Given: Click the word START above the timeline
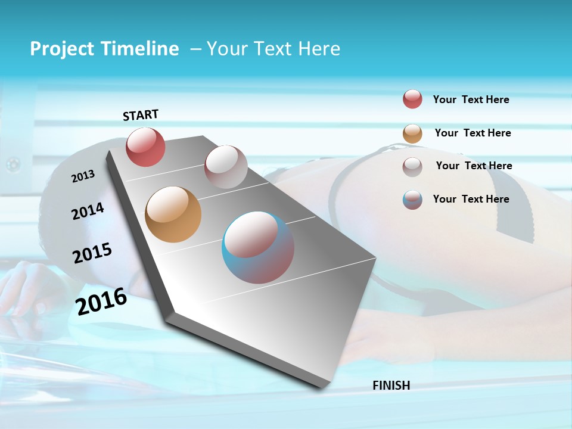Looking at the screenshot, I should pyautogui.click(x=141, y=114).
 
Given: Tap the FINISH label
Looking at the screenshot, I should pyautogui.click(x=391, y=386).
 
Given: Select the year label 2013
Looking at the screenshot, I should pyautogui.click(x=83, y=176).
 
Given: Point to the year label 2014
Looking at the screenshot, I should pyautogui.click(x=88, y=211).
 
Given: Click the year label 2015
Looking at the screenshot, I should pyautogui.click(x=92, y=253).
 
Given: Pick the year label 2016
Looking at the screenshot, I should pyautogui.click(x=101, y=301).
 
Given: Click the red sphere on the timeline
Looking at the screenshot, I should pyautogui.click(x=145, y=147).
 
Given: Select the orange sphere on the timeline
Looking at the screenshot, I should pyautogui.click(x=173, y=214).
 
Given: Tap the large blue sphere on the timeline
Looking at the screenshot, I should pyautogui.click(x=257, y=247).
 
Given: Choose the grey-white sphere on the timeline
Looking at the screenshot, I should pyautogui.click(x=226, y=167).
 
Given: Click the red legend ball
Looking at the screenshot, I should pyautogui.click(x=412, y=100).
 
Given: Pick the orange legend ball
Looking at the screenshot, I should pyautogui.click(x=412, y=133).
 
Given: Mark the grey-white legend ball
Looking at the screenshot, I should pyautogui.click(x=412, y=166).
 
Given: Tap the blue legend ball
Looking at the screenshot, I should pyautogui.click(x=412, y=200).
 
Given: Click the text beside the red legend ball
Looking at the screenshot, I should pyautogui.click(x=471, y=100).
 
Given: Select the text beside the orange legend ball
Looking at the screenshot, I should pyautogui.click(x=472, y=133).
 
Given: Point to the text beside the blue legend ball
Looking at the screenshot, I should pyautogui.click(x=471, y=199).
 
